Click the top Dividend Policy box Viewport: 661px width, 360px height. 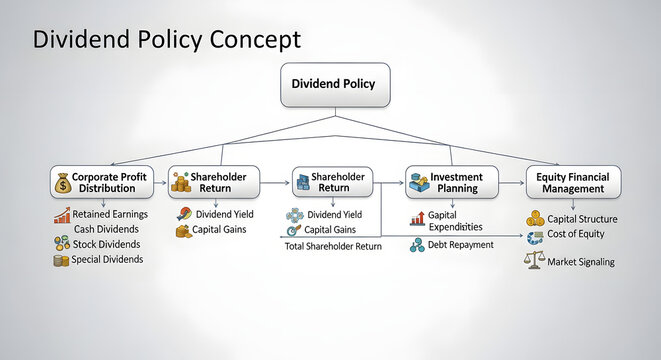[335, 85]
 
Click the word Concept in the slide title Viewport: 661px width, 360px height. [255, 40]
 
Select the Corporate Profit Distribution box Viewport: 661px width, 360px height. [102, 182]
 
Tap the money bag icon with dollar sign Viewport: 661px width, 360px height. [63, 183]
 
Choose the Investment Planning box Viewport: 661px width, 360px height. [452, 182]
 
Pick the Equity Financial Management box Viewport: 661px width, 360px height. [573, 182]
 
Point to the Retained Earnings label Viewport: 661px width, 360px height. [110, 214]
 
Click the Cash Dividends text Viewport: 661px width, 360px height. [106, 229]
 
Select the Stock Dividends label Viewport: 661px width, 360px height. [107, 244]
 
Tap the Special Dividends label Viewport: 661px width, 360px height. [107, 259]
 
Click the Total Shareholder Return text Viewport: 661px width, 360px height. [333, 246]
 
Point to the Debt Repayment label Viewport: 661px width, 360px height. [460, 244]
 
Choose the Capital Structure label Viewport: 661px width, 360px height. [582, 219]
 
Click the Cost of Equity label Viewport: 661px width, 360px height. [576, 234]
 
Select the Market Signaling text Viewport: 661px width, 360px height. [581, 262]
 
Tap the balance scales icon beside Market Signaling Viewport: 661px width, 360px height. [534, 261]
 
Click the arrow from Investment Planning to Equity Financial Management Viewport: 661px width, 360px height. [511, 183]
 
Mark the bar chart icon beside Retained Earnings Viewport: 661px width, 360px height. [62, 215]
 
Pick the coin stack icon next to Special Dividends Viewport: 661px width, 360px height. [61, 260]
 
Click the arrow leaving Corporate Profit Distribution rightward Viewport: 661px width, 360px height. [160, 183]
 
